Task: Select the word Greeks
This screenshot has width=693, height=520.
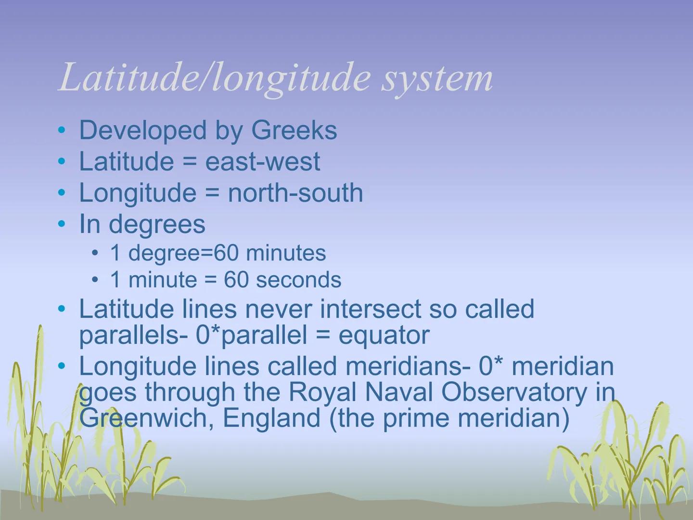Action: (x=294, y=130)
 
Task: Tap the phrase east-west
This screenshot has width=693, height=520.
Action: (x=262, y=161)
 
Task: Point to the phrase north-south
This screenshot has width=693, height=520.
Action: (x=295, y=193)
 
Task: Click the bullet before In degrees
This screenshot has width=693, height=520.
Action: (x=61, y=224)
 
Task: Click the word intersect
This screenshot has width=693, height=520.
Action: (x=371, y=309)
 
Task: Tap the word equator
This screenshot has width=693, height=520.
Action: (x=384, y=335)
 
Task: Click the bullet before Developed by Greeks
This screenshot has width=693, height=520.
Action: (x=61, y=130)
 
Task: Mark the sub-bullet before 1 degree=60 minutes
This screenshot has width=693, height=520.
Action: (x=96, y=253)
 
